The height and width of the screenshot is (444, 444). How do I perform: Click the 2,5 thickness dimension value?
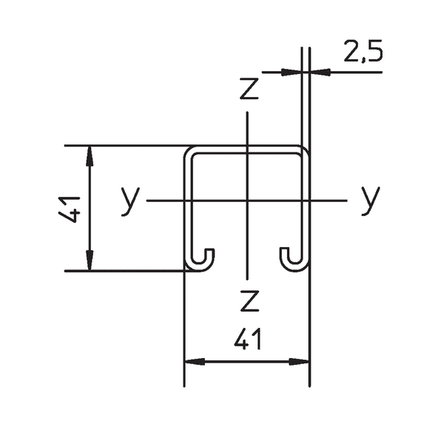pos(363,53)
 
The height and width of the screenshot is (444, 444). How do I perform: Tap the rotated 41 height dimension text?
pos(72,209)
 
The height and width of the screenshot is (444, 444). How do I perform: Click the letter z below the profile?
pos(249,301)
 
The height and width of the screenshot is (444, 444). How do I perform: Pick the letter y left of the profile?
pos(130,201)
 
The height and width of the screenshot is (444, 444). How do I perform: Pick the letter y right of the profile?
pos(370,199)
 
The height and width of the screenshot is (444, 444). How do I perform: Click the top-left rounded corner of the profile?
pos(189,152)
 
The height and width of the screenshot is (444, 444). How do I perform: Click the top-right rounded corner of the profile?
pos(303,152)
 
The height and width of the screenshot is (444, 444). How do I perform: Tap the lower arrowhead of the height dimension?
pos(90,262)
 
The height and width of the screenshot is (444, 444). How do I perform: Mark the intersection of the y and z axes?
pos(247,201)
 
